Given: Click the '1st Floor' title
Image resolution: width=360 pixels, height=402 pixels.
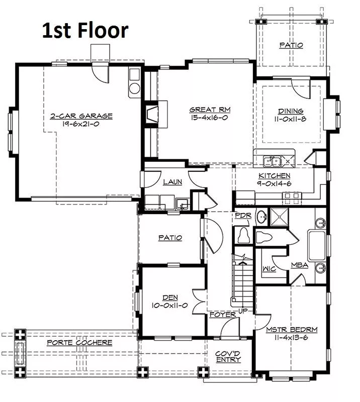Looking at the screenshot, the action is click(85, 30).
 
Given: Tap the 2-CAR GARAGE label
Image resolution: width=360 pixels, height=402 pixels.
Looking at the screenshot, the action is click(81, 116).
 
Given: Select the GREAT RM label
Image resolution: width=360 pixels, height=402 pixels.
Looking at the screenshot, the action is click(210, 110).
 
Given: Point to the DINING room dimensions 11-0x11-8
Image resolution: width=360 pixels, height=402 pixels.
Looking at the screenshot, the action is click(290, 119).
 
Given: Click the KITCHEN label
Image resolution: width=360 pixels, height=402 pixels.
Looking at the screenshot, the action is click(275, 175).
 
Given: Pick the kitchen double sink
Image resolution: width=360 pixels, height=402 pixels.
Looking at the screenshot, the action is click(272, 161).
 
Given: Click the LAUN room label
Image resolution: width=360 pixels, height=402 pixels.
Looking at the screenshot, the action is click(172, 182).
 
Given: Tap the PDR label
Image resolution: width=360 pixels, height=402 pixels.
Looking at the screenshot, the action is click(243, 216).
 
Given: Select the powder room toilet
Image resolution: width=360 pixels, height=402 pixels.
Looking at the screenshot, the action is click(243, 235).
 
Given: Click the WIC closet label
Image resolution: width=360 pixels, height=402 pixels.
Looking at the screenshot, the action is click(269, 269).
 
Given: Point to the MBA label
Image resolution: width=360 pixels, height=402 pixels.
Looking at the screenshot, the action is click(300, 265).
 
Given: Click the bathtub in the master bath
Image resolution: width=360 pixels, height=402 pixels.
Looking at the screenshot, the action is click(317, 246).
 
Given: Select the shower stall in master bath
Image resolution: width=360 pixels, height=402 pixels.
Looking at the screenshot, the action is click(280, 217).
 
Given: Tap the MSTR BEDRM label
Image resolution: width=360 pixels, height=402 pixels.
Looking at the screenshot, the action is click(292, 330).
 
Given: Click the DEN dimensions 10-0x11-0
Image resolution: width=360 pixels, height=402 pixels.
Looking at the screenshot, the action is click(169, 306).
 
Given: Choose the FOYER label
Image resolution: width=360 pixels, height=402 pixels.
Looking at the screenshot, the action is click(223, 315).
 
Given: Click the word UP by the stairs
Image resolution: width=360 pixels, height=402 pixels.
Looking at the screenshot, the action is click(243, 311).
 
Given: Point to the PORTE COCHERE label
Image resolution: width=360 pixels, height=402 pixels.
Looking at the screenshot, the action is click(79, 343).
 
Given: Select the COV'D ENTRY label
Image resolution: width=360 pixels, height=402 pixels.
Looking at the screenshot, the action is click(228, 357).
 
